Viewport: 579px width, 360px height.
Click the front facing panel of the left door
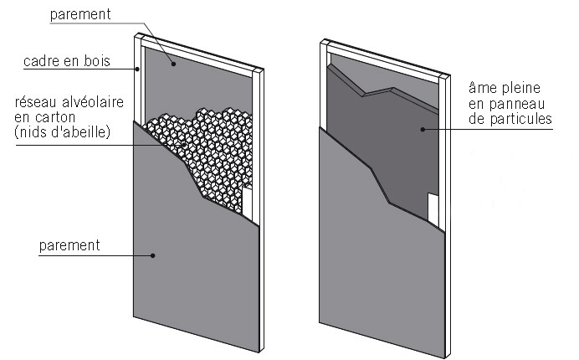click(x=184, y=268)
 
